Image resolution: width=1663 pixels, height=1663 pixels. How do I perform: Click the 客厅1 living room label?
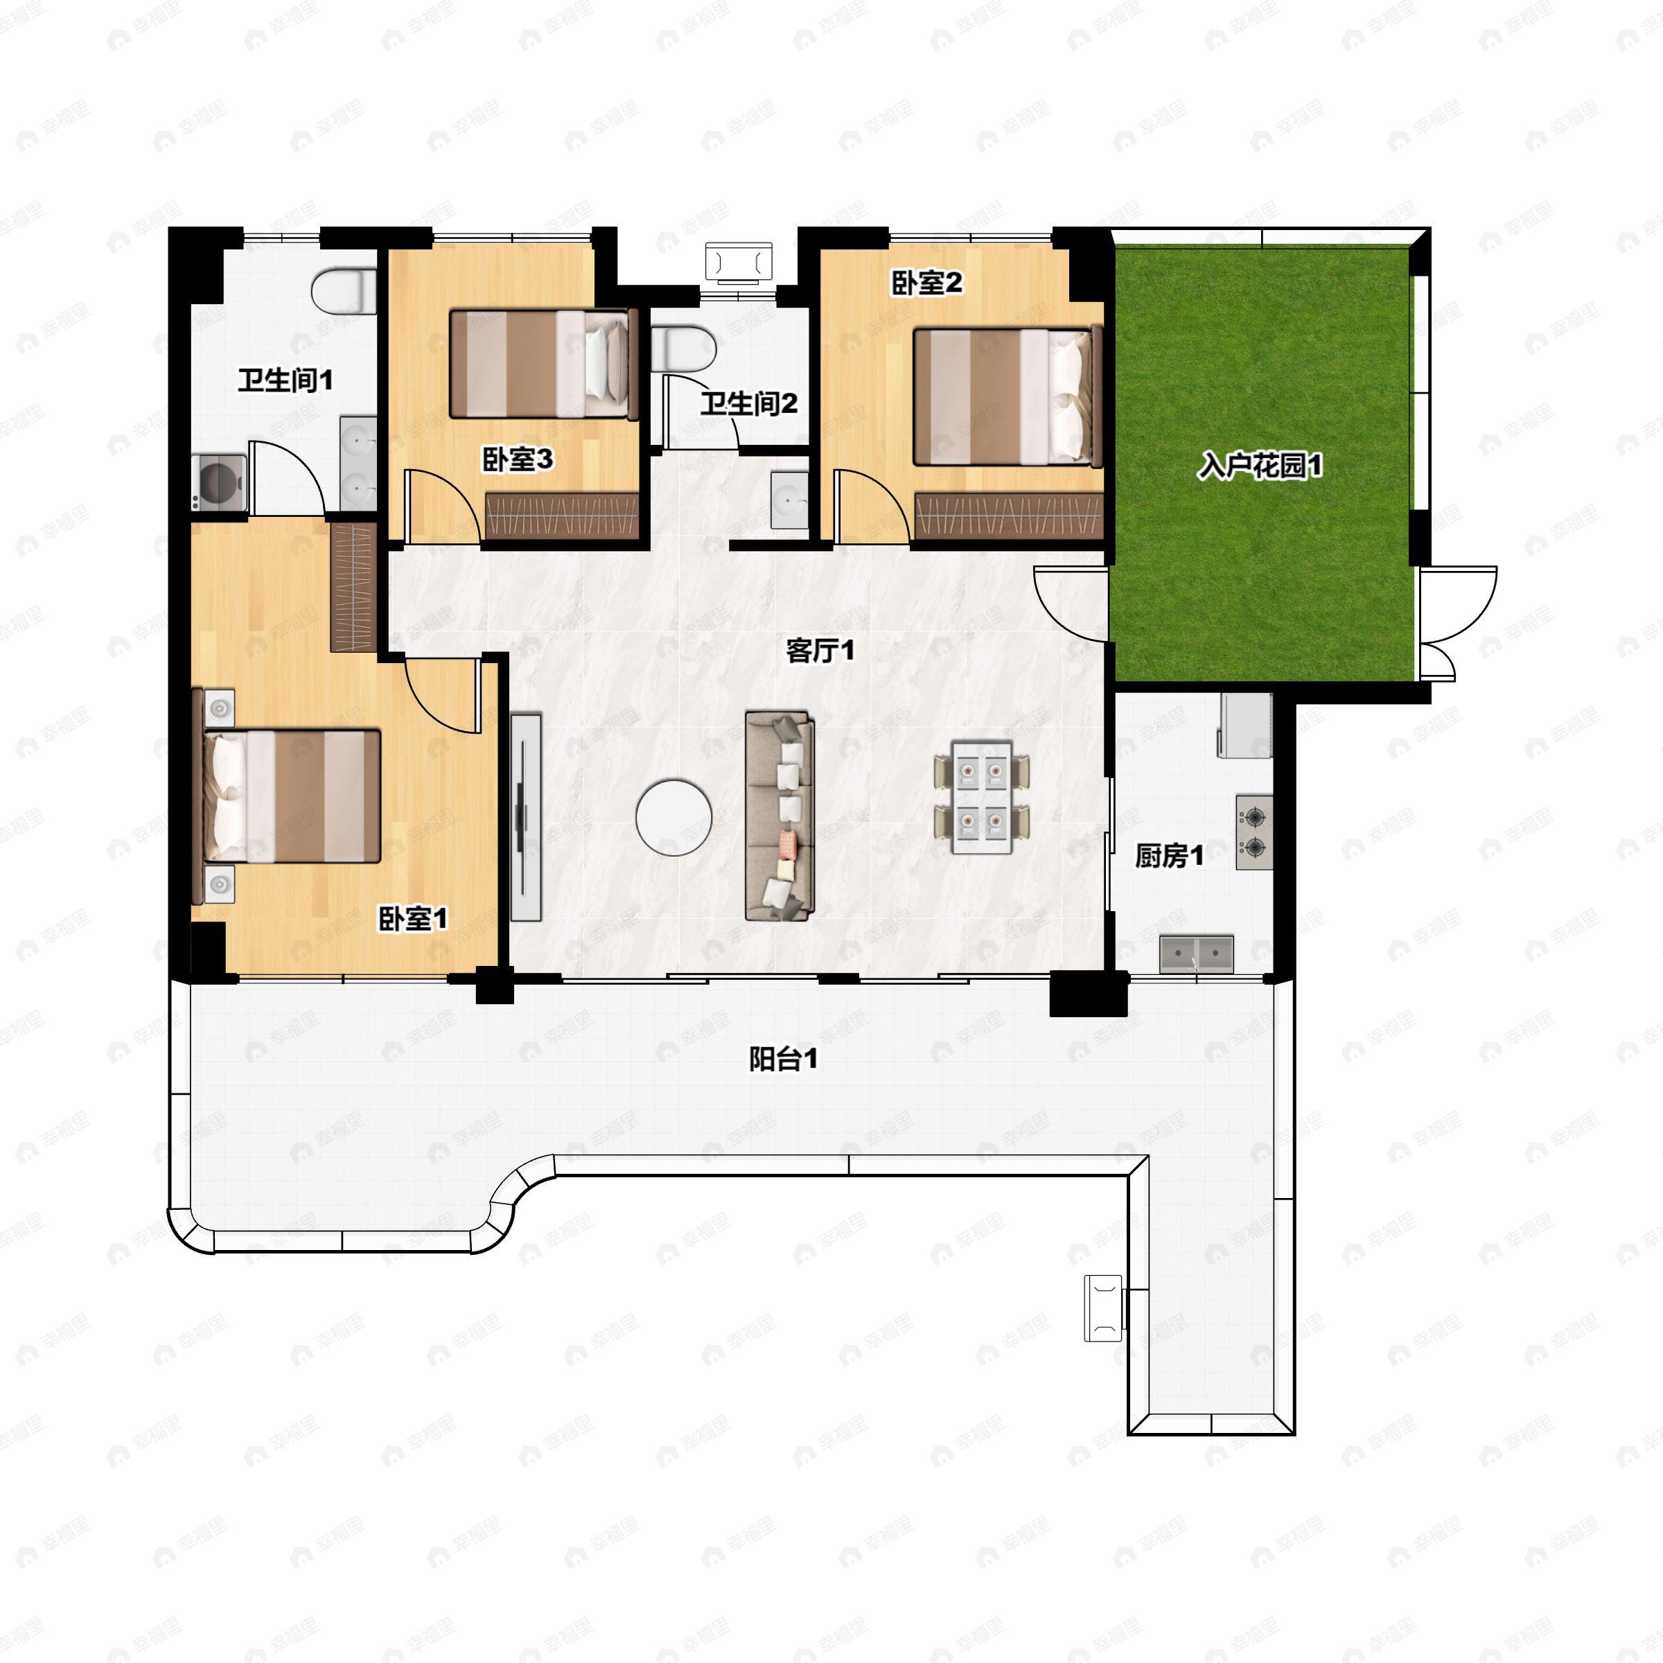coord(820,651)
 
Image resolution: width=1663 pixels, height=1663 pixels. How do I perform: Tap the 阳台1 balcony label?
coord(783,1059)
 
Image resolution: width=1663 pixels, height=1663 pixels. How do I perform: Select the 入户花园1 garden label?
coord(1260,466)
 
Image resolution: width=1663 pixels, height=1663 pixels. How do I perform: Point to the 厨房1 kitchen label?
coord(1169,856)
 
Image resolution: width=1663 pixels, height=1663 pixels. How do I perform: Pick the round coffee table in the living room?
coord(674,817)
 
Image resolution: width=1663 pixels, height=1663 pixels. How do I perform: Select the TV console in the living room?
coord(526,816)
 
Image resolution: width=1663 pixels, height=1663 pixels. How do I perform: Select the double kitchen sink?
coord(1197,955)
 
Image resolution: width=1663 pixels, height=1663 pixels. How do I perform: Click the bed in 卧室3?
coord(544,364)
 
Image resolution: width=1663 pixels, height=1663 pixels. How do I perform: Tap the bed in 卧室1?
coord(292,795)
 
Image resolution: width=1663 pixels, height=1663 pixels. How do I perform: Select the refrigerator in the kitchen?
coord(1244,725)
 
